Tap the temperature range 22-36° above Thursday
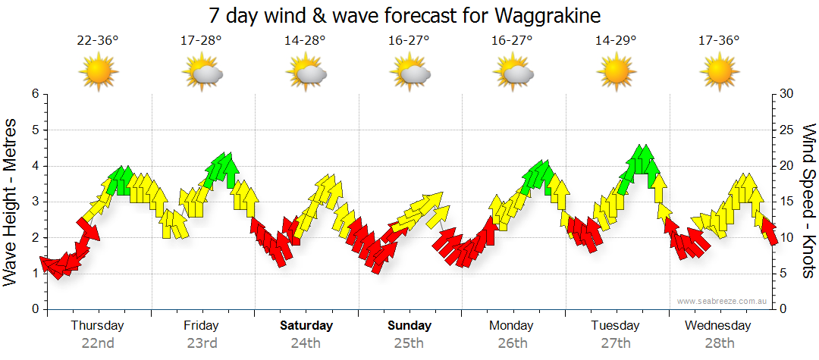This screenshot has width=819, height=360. tap(98, 41)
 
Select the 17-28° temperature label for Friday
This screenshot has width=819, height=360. tap(202, 41)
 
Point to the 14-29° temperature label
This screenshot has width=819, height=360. tap(616, 41)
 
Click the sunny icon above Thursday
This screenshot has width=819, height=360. tap(99, 73)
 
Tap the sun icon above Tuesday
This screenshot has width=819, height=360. tap(616, 73)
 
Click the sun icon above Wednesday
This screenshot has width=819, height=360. tap(719, 73)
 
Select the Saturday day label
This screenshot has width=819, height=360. tap(306, 326)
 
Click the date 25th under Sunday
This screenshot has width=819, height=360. tap(409, 343)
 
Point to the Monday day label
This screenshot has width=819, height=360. tap(513, 326)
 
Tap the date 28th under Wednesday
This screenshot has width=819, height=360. tap(719, 343)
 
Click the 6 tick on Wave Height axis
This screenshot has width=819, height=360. tap(34, 94)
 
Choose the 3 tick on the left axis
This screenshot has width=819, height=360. tap(34, 202)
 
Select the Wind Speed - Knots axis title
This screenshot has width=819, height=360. tap(808, 202)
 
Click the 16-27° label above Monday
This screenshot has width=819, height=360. tap(513, 41)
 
